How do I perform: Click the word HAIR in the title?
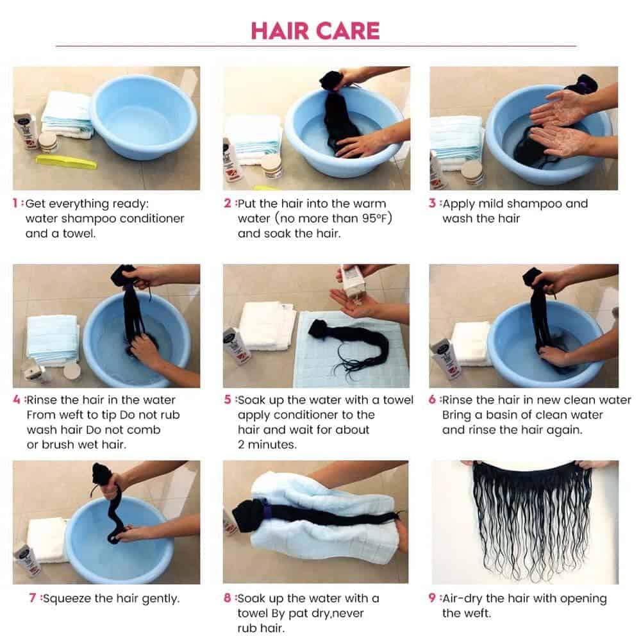pos(279,31)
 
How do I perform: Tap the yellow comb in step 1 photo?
pos(66,162)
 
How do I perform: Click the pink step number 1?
pos(15,203)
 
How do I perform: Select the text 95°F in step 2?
pos(374,219)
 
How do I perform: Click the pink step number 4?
pos(17,399)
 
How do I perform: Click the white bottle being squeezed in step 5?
pos(353,282)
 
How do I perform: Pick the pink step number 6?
pos(432,399)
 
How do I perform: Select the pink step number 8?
pos(228,598)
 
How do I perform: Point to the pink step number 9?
pos(432,598)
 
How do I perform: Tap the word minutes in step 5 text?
pos(271,444)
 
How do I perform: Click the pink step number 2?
pos(228,203)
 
